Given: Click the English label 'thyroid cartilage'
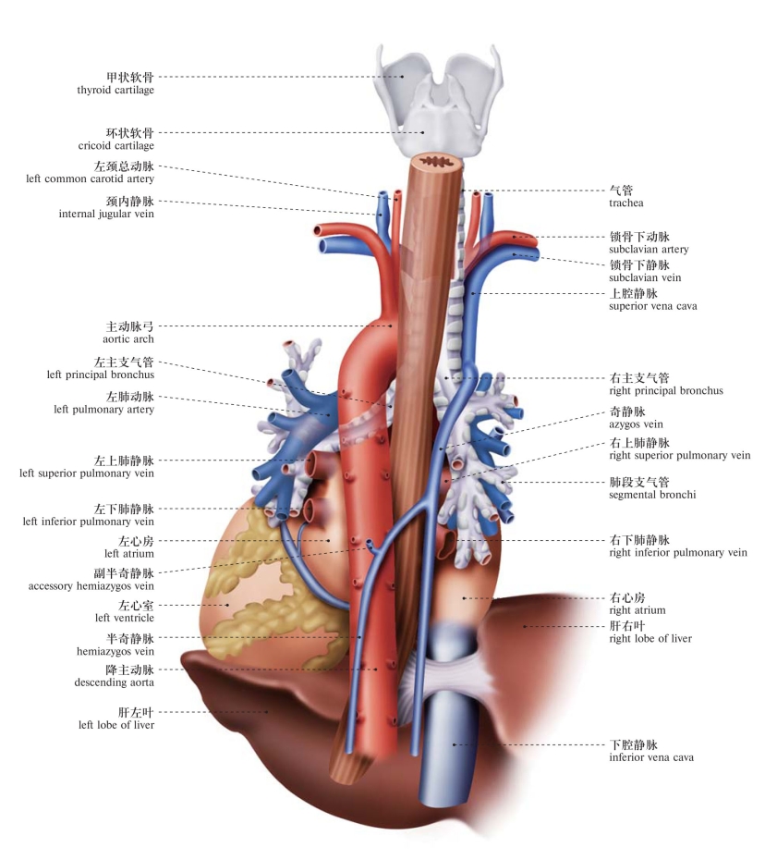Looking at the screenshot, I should point(115,91).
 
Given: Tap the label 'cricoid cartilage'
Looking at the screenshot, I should point(116,146).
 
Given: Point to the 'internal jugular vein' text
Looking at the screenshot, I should point(106,214).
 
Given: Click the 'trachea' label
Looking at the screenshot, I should point(625,203).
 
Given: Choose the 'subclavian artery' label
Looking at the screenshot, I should point(649,250).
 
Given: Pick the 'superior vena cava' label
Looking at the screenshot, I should point(652,305).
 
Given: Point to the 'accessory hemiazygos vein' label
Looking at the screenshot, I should point(91,585).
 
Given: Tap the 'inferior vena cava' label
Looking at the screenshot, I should point(651,757).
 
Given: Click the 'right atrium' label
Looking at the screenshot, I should point(637,610).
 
